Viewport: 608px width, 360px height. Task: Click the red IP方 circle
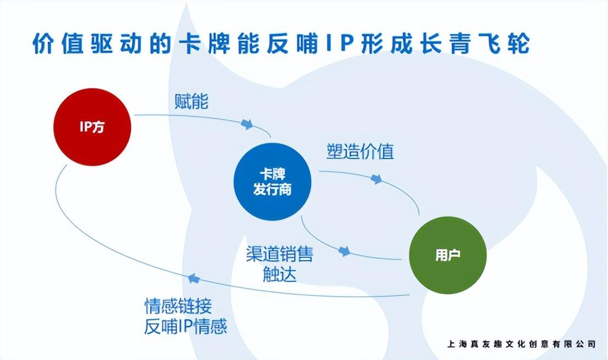pos(93,127)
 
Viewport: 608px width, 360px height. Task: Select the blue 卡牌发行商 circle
pos(273,182)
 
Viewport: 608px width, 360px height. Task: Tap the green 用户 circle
pos(448,255)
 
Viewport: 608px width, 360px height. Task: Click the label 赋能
pos(192,102)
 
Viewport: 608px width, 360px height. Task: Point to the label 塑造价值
pos(361,151)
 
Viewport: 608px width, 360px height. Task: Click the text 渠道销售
pos(279,254)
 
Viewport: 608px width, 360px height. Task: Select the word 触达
pos(279,273)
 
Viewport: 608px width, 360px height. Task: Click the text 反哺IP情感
pos(185,327)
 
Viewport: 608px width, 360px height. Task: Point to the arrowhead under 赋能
pos(247,124)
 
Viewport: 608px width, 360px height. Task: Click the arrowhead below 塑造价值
pos(376,179)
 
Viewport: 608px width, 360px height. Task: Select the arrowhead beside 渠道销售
pos(344,251)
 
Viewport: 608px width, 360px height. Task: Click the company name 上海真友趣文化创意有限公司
pos(521,344)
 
